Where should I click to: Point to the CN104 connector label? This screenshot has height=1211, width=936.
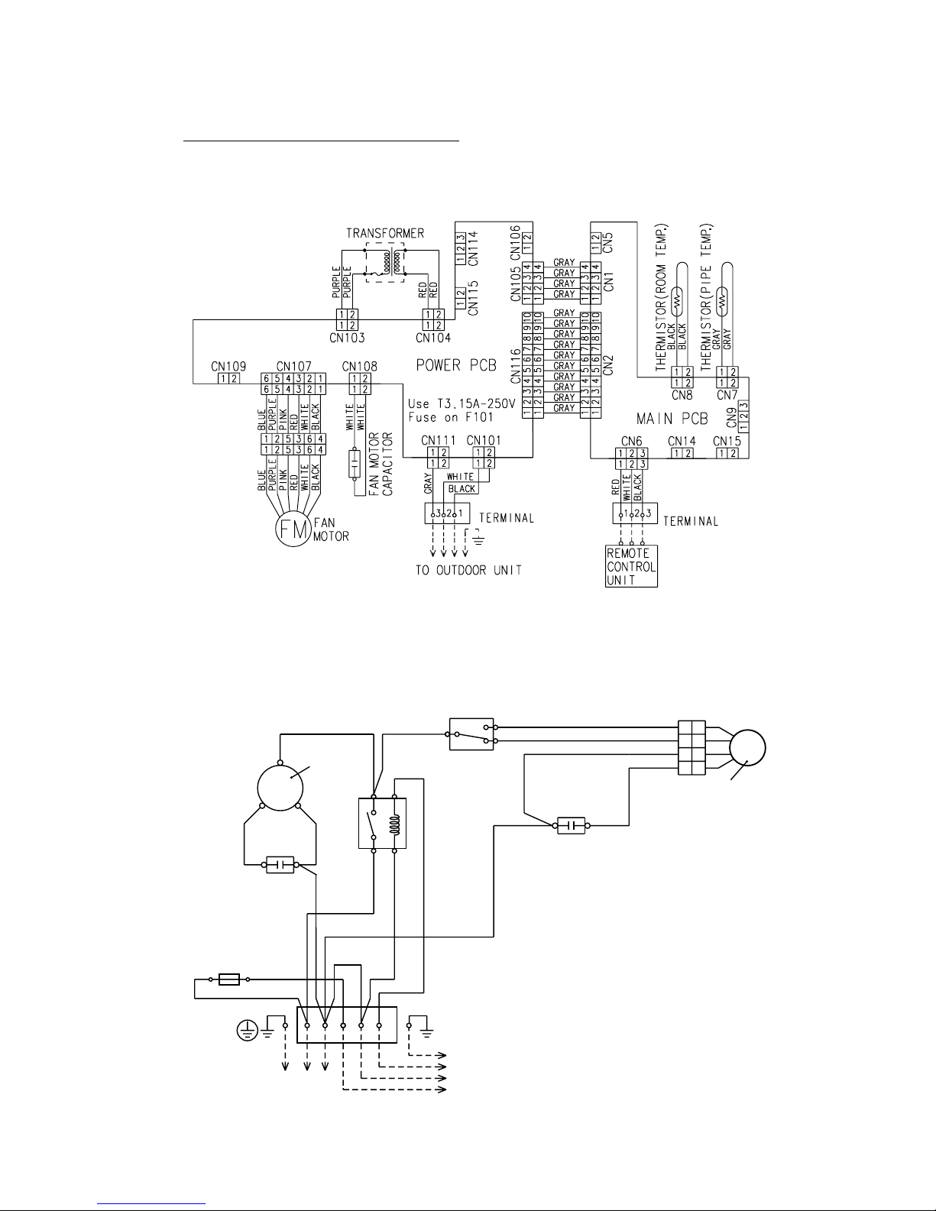pos(433,337)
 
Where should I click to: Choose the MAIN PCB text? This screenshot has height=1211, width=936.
pos(672,418)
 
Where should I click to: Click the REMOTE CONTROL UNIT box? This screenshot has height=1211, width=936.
pos(631,565)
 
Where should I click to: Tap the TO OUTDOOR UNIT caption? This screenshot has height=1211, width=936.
pos(468,571)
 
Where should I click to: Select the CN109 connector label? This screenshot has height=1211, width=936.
pos(228,366)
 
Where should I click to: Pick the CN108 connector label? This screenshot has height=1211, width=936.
pos(360,366)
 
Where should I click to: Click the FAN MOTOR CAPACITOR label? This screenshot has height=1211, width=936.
pos(381,465)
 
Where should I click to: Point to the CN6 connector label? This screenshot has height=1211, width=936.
pos(631,441)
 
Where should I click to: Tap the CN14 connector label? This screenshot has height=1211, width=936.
pos(682,441)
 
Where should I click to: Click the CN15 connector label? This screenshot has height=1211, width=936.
pos(727,441)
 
